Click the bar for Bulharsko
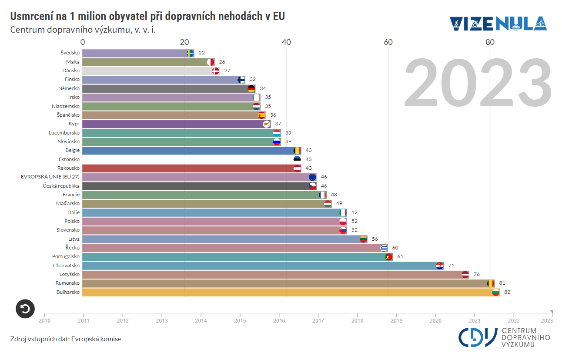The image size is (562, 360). (x=287, y=292)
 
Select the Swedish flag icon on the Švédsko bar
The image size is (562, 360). (x=190, y=53)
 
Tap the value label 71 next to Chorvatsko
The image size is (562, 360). (x=451, y=266)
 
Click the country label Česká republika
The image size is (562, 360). (x=61, y=186)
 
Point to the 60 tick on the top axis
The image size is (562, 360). (x=388, y=42)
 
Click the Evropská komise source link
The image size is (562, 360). (x=96, y=339)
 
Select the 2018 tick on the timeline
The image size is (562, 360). (x=358, y=320)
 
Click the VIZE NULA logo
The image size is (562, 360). (x=498, y=24)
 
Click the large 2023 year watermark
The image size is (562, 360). (x=478, y=84)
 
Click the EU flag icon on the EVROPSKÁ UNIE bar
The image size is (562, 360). (x=312, y=177)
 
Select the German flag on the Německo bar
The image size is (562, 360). (x=251, y=89)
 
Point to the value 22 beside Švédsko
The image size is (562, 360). (x=201, y=53)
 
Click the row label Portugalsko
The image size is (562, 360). (x=66, y=256)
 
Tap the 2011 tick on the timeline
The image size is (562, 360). (x=84, y=320)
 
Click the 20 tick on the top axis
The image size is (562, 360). (x=184, y=42)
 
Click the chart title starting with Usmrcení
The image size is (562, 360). (x=147, y=17)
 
